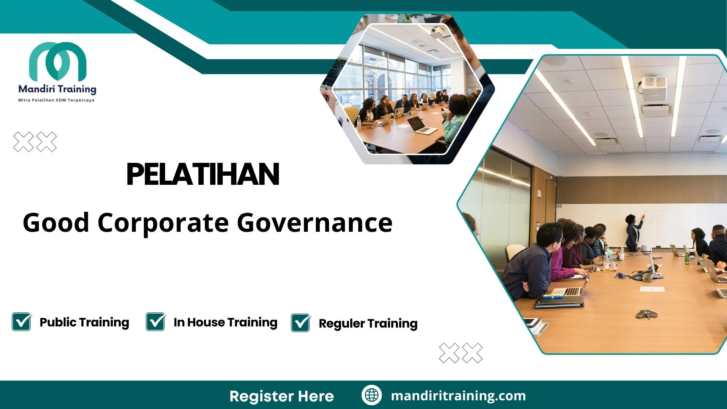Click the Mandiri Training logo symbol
58,62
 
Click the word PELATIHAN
203,174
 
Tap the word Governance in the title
315,223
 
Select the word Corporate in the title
163,223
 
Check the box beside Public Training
22,322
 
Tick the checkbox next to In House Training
156,322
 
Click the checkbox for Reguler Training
301,323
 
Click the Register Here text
282,396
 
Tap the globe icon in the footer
371,395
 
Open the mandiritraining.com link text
458,396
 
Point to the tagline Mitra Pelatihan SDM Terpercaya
56,100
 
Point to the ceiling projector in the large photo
654,88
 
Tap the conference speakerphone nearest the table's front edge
646,314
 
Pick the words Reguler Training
368,324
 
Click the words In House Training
226,322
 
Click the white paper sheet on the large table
652,289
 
